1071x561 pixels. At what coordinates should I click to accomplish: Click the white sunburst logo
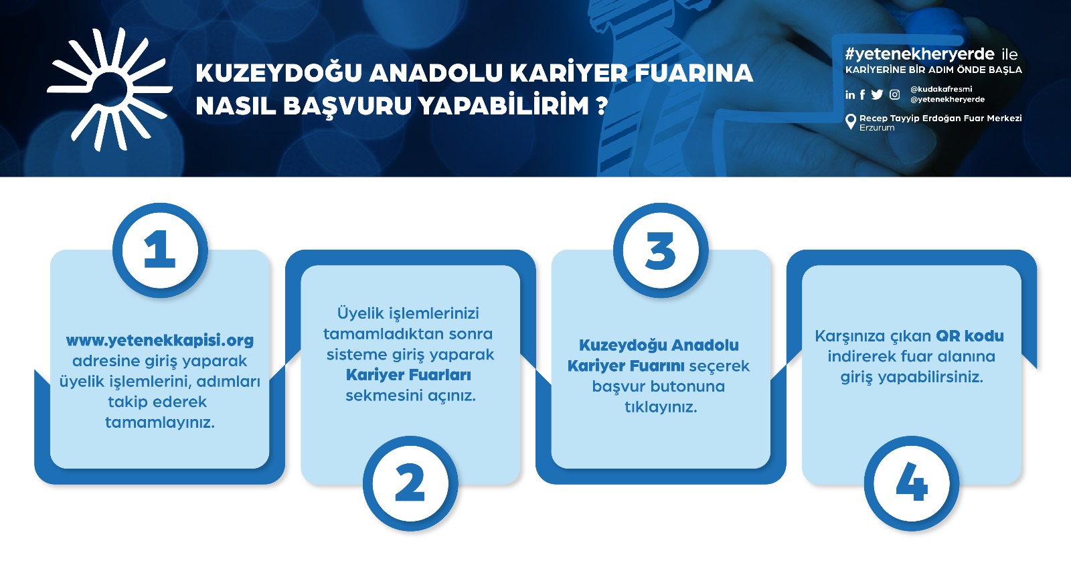coord(109,89)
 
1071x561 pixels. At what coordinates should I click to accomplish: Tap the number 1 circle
coord(160,250)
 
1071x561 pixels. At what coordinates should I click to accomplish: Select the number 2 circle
coord(410,483)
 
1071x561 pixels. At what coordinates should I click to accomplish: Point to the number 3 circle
coord(661,250)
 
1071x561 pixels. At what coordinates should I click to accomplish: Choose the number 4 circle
coord(911,483)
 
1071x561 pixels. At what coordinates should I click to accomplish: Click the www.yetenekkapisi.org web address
coord(160,341)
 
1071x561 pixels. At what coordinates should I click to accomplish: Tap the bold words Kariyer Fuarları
coord(409,375)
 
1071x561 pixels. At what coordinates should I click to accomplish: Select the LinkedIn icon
coord(850,94)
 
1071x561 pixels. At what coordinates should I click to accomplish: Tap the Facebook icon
coord(863,94)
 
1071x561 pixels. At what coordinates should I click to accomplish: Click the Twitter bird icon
coord(877,94)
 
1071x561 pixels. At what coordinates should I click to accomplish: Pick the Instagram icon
coord(894,94)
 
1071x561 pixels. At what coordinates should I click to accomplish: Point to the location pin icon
coord(851,121)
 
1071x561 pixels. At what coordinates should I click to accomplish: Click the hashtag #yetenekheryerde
coord(920,54)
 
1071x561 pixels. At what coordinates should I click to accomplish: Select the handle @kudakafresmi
coord(941,89)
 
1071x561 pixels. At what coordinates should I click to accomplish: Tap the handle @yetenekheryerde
coord(948,100)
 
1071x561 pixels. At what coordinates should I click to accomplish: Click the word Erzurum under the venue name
coord(877,128)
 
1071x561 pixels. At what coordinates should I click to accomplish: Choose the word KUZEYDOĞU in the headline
coord(278,73)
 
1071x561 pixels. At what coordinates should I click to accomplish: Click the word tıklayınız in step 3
coord(661,407)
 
